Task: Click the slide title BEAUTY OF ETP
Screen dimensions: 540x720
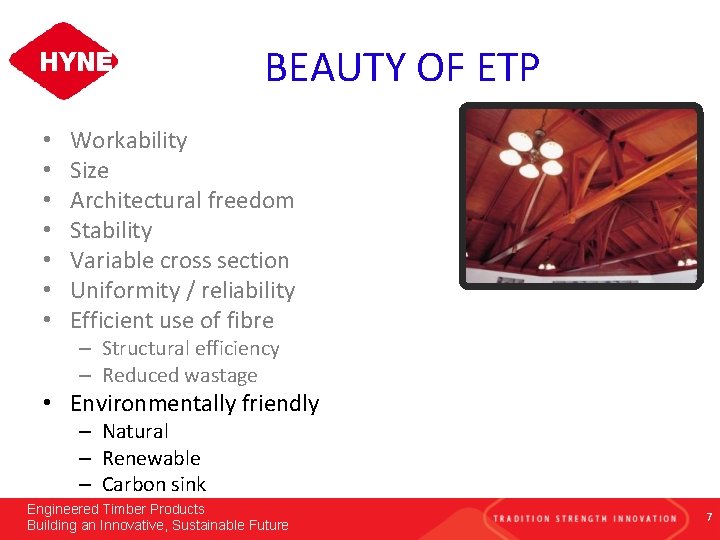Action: click(x=402, y=68)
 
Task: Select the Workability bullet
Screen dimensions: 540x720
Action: click(x=128, y=140)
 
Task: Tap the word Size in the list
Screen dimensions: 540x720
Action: click(x=89, y=170)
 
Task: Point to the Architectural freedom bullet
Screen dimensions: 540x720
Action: click(x=182, y=200)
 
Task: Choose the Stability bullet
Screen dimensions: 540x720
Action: click(x=111, y=230)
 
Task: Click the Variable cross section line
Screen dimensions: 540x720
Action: click(x=179, y=260)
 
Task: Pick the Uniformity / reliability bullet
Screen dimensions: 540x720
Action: click(x=182, y=290)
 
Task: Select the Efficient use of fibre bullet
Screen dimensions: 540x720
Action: click(x=172, y=320)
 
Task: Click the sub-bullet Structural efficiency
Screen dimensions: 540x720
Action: click(x=190, y=348)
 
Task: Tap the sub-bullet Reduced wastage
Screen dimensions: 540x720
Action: click(x=180, y=375)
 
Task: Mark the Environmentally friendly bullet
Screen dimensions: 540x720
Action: click(x=194, y=403)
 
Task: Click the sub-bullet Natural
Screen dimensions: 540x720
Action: click(x=135, y=431)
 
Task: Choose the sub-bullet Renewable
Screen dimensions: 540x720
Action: click(x=151, y=458)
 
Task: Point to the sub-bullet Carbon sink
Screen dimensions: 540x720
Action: click(x=154, y=484)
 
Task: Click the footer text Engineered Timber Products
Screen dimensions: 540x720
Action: click(x=115, y=509)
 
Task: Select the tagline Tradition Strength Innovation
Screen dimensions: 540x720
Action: click(x=584, y=518)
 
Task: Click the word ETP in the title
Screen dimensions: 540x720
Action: click(x=506, y=68)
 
